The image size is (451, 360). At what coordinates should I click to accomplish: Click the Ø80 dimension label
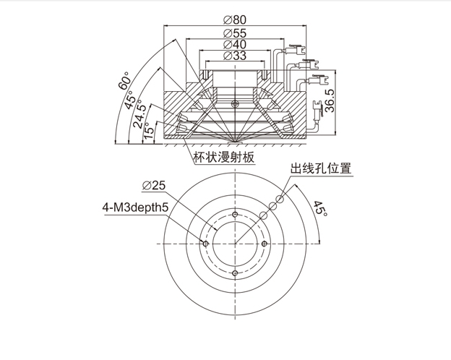click(236, 20)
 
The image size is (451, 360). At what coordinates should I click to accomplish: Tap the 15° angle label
click(149, 132)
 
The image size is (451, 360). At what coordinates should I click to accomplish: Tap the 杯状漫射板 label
click(224, 156)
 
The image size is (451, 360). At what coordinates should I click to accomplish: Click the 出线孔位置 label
click(320, 168)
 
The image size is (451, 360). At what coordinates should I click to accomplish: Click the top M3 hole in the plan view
click(236, 215)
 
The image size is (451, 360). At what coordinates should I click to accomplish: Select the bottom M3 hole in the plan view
click(236, 273)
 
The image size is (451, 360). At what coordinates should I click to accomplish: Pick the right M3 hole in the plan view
click(265, 244)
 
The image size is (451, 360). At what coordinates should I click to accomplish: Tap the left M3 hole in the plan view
click(207, 244)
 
